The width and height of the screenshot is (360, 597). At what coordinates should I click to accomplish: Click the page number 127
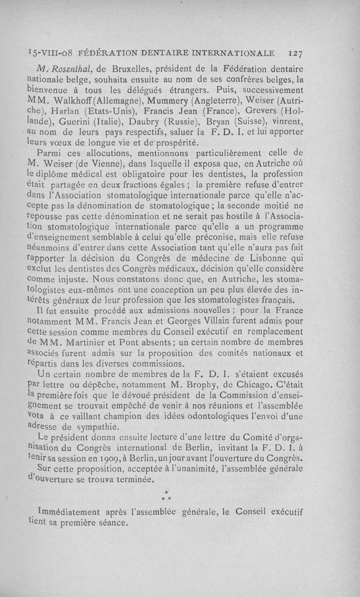coord(295,53)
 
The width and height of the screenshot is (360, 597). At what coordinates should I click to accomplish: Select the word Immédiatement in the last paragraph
coord(69,512)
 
